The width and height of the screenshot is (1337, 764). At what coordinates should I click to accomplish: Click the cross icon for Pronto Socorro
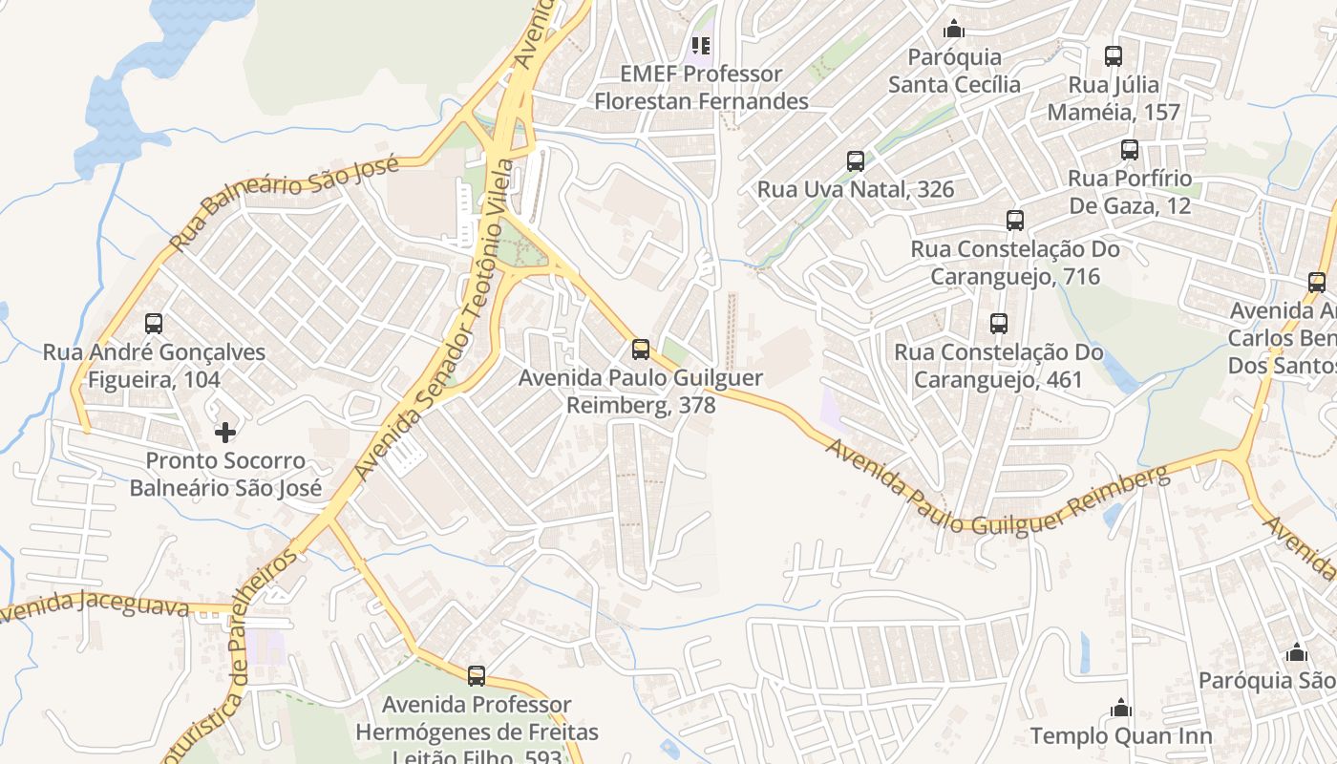pos(225,433)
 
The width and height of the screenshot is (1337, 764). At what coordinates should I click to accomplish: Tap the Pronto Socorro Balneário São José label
pos(225,475)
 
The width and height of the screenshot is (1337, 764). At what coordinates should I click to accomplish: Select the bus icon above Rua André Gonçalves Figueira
pos(153,324)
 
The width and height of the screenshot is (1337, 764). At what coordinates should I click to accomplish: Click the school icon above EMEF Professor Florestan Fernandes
pos(701,45)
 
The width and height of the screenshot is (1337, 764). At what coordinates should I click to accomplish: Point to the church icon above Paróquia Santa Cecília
pos(953,29)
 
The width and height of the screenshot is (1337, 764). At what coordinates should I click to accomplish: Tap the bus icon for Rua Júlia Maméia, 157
pos(1114,56)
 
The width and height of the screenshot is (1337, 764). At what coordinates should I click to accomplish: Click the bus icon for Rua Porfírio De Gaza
pos(1130,150)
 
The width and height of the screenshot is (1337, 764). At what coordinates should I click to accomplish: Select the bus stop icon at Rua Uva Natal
pos(856,161)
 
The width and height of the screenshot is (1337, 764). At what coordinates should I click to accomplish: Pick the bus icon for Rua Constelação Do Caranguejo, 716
pos(1015,221)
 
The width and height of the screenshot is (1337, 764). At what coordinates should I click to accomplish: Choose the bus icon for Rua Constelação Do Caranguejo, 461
pos(999,324)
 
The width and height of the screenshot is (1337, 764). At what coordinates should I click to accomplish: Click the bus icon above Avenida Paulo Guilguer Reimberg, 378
pos(641,350)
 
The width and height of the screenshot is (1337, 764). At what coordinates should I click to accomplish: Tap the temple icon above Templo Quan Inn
pos(1121,708)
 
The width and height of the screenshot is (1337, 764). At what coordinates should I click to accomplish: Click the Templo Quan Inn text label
pos(1121,736)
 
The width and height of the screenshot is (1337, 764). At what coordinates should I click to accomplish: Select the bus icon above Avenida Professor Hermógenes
pos(477,676)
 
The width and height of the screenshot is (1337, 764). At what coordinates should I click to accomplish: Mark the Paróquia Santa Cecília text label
pos(954,71)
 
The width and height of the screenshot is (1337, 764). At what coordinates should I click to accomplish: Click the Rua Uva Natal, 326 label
pos(856,189)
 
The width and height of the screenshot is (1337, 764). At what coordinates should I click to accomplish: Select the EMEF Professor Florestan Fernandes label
pos(701,87)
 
